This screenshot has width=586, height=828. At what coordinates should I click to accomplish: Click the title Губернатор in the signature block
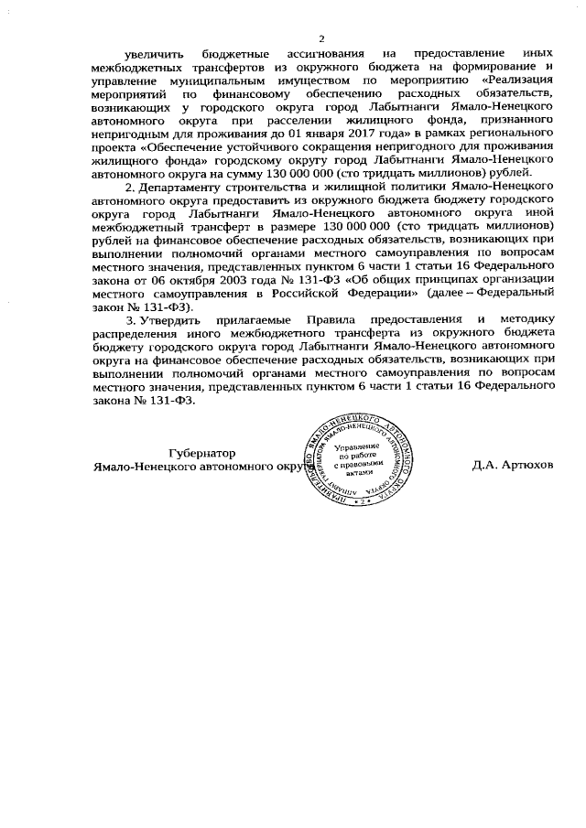(x=202, y=452)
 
